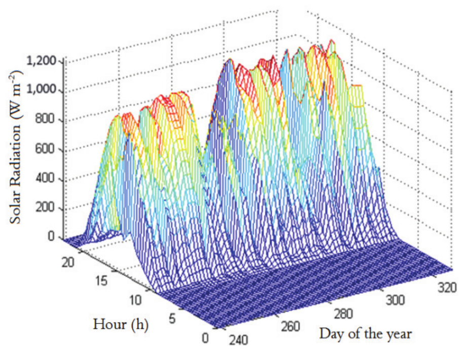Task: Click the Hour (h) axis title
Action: pos(121,325)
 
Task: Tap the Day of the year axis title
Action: pos(365,334)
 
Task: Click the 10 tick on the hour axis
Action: pos(136,301)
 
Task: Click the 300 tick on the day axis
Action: pos(395,301)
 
